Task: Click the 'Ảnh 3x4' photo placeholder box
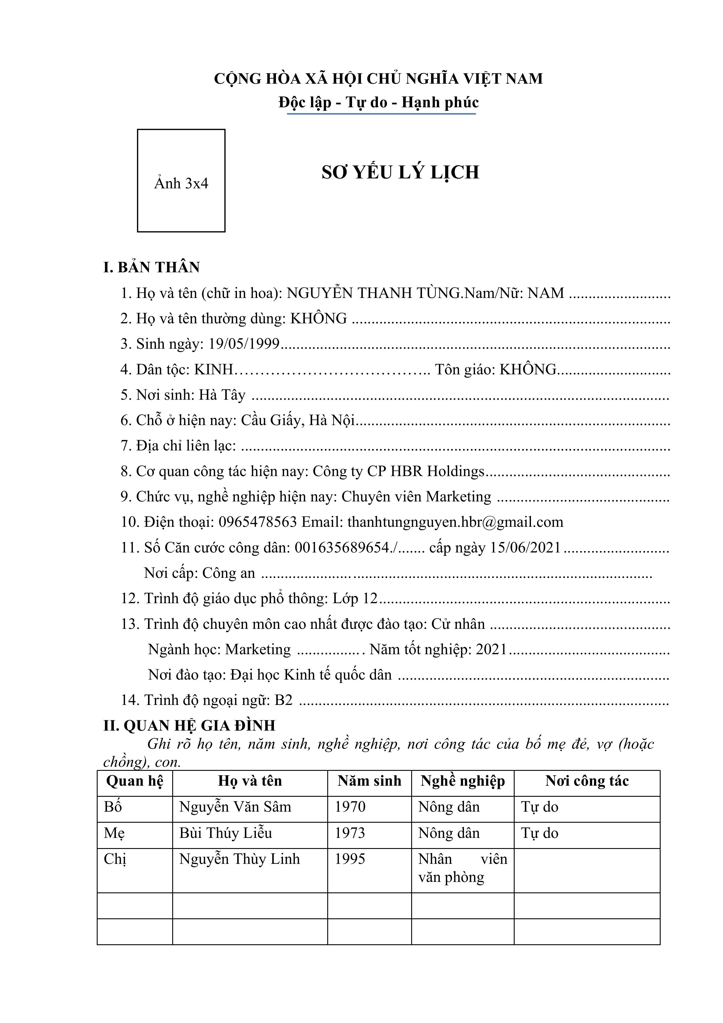coord(181,180)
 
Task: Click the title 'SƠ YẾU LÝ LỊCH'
coord(400,172)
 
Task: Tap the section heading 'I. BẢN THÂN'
coord(152,267)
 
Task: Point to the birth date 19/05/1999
coord(244,344)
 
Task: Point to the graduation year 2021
coord(491,649)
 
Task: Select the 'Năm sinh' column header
coord(369,781)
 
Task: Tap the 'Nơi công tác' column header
coord(587,781)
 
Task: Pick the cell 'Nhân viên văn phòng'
coord(462,868)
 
